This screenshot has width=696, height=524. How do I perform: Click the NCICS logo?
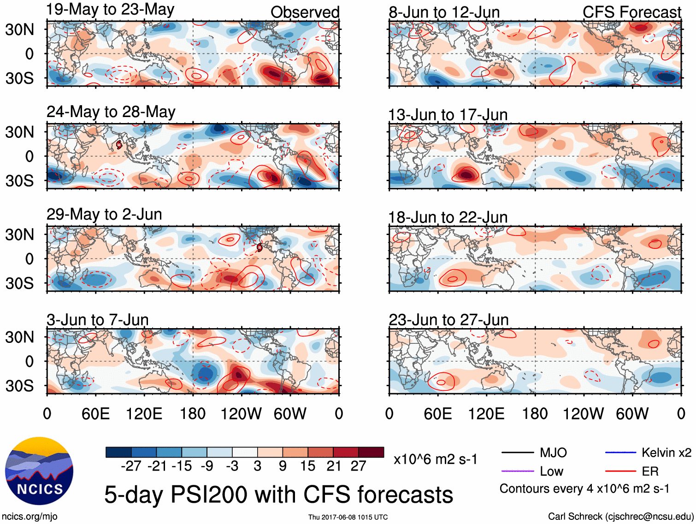click(x=39, y=471)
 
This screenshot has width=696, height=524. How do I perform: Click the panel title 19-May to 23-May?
click(x=111, y=10)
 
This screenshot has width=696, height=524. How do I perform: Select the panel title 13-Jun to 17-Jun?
click(x=448, y=114)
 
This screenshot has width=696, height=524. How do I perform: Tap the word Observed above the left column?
click(x=305, y=12)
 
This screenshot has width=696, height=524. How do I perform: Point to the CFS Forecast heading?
click(x=631, y=12)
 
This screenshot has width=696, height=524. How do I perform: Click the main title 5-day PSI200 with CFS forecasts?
click(x=278, y=495)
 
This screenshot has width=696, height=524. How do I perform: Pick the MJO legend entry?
click(x=553, y=453)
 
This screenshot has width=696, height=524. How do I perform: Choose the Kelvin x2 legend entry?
click(x=666, y=453)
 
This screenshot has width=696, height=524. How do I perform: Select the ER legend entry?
click(x=650, y=471)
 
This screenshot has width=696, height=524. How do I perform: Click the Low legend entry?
click(x=552, y=471)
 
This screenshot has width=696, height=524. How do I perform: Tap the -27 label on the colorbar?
click(x=131, y=466)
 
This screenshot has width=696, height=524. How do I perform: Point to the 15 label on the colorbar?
click(x=308, y=466)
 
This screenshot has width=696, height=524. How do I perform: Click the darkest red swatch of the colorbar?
click(x=371, y=452)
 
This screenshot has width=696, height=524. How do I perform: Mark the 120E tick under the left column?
click(x=144, y=413)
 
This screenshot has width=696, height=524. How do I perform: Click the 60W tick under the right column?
click(x=632, y=413)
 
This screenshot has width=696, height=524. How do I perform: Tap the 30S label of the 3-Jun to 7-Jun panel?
click(x=19, y=385)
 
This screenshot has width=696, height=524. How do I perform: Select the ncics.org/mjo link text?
click(x=29, y=517)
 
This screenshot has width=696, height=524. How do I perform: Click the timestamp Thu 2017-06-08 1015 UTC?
click(x=348, y=517)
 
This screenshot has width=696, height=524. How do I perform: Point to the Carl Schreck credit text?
click(x=620, y=517)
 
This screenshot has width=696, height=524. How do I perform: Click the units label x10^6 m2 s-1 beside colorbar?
click(x=436, y=459)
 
